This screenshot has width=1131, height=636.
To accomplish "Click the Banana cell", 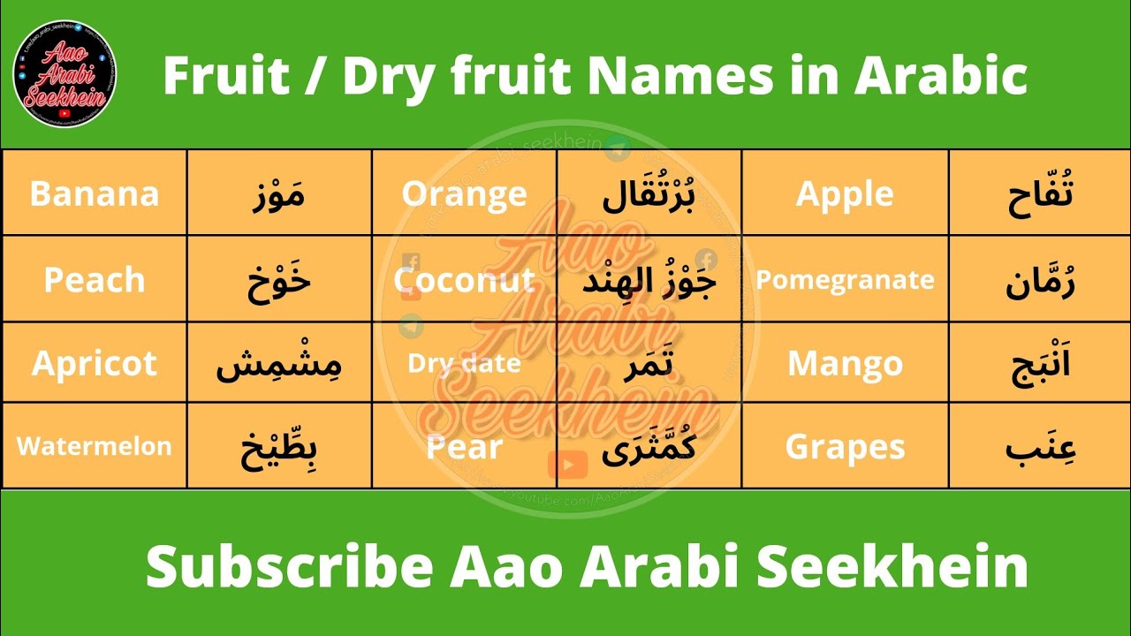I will coord(95,193).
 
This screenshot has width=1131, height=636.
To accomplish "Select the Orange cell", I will coord(465,193).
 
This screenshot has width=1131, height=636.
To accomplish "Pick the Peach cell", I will coord(95,280).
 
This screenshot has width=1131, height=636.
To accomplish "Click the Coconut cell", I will coord(465,280).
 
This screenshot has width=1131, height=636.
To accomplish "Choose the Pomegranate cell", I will coord(845,280).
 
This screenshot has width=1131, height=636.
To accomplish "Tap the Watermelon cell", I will coord(95,446).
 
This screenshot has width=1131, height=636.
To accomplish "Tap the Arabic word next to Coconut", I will coord(649,280).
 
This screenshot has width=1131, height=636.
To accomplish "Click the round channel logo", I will coord(65,77).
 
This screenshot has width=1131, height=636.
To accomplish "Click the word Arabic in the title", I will coord(940,77).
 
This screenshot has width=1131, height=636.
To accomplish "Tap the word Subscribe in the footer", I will coord(289,566).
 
